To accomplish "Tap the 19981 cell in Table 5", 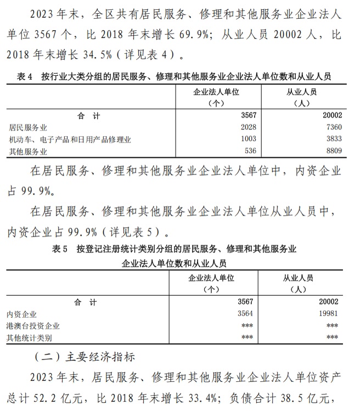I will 327,314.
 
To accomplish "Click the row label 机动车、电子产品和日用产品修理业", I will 69,139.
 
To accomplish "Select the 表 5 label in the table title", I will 59,250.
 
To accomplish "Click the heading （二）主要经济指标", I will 85,357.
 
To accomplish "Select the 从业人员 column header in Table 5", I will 297,278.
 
